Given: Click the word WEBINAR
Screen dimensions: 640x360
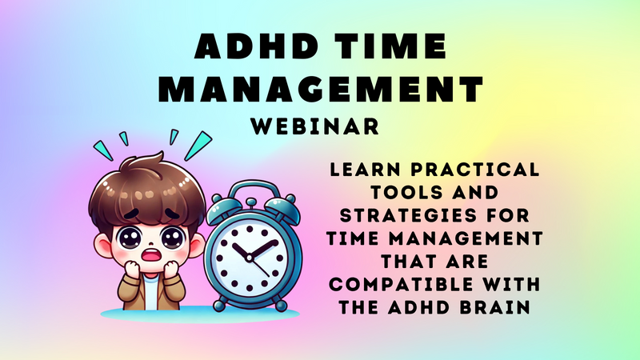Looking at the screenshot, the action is tap(315, 126).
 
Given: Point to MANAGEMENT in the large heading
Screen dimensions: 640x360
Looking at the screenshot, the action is tap(321, 89).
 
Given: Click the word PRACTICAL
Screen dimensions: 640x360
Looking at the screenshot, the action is tap(475, 170).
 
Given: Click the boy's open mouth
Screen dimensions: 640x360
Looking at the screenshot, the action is tap(151, 255).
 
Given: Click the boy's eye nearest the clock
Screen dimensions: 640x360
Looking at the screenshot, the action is tap(173, 238).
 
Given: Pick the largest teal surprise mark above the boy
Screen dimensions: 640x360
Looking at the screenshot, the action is tap(198, 146).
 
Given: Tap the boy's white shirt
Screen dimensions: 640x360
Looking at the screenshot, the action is tap(150, 291).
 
